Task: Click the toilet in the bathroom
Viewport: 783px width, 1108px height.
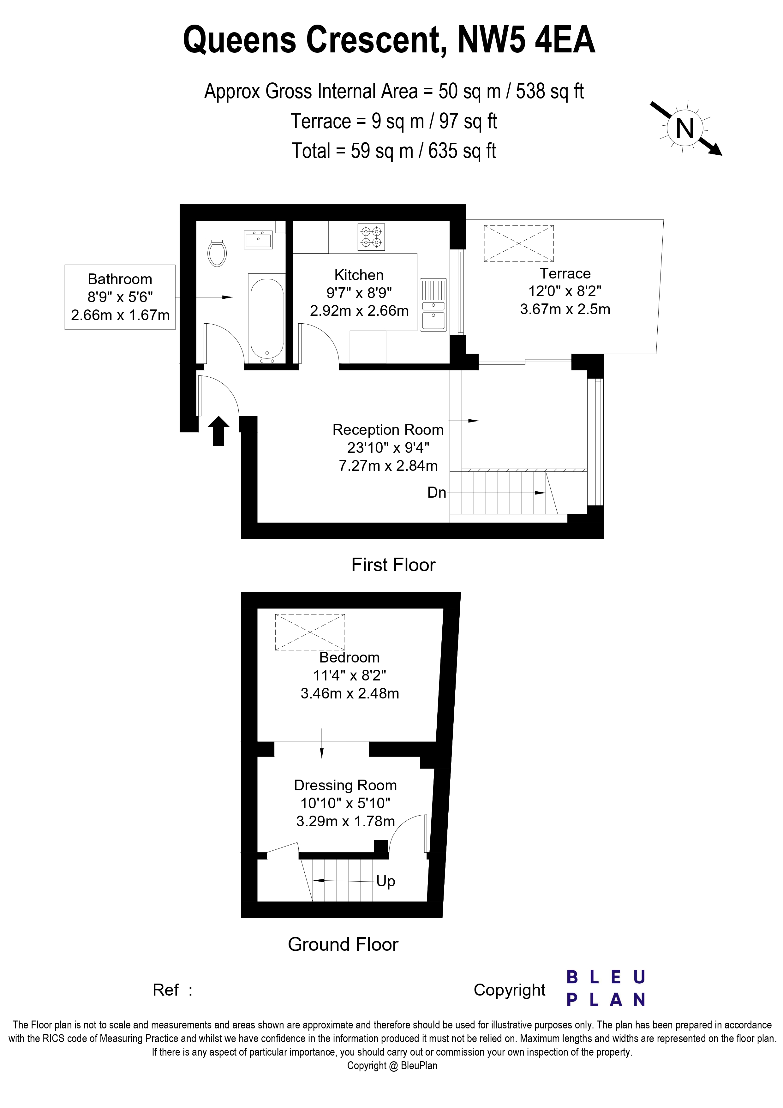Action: click(x=217, y=253)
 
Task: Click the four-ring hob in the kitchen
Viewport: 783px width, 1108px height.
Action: click(x=371, y=237)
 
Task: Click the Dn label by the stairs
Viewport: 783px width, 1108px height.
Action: click(x=437, y=493)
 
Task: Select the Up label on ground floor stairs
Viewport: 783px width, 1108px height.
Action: click(x=386, y=881)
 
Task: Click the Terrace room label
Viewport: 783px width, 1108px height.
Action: click(x=565, y=274)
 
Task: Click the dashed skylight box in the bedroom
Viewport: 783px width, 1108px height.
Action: click(x=310, y=632)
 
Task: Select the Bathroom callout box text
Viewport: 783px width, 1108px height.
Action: click(x=120, y=297)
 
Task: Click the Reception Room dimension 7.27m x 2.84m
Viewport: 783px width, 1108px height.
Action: click(x=388, y=466)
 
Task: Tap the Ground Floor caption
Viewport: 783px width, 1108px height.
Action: click(x=343, y=944)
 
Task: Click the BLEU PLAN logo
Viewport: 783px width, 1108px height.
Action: click(x=606, y=988)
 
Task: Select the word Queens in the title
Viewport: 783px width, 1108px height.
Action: click(x=239, y=40)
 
